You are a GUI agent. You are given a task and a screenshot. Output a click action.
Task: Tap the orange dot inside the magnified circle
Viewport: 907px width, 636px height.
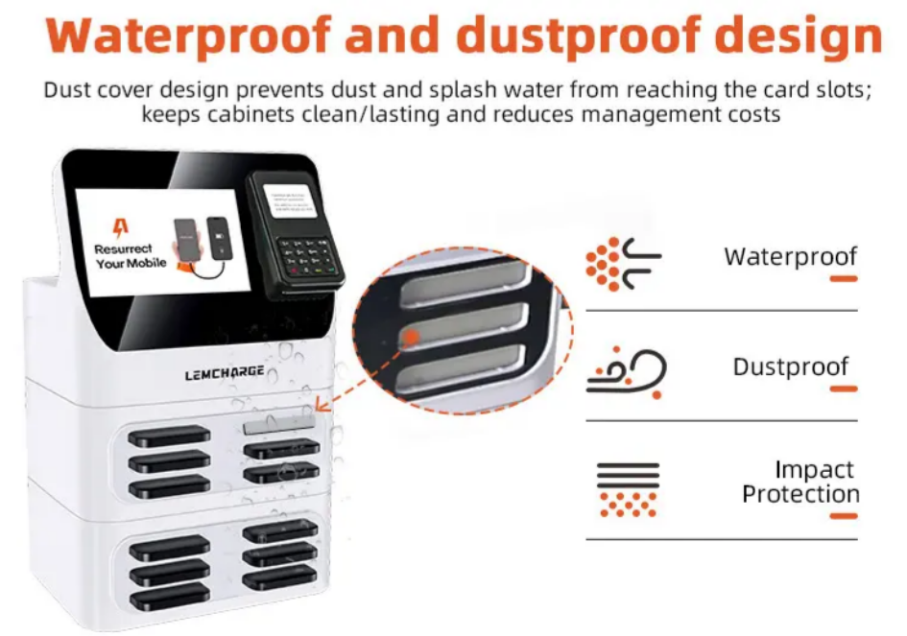pos(410,337)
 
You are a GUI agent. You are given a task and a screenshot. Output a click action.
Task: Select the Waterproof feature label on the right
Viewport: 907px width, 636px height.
pos(790,256)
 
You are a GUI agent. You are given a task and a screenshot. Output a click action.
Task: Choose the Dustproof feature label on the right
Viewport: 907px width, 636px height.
pos(791,367)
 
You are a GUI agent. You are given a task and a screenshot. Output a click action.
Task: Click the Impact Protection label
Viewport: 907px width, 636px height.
pos(800,482)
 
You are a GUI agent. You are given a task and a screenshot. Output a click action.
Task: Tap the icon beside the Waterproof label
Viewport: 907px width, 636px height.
pos(623,263)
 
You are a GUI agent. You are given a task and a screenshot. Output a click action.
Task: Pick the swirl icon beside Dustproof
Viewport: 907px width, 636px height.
pos(626,370)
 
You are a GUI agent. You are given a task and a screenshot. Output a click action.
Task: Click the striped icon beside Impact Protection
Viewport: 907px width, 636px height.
pos(628,488)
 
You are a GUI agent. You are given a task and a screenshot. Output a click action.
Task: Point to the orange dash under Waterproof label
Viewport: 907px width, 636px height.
pos(843,278)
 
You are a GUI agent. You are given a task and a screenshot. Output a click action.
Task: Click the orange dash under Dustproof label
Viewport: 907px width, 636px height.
pos(843,389)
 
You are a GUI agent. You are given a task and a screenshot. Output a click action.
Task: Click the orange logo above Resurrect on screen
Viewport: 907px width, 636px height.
pos(121,228)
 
